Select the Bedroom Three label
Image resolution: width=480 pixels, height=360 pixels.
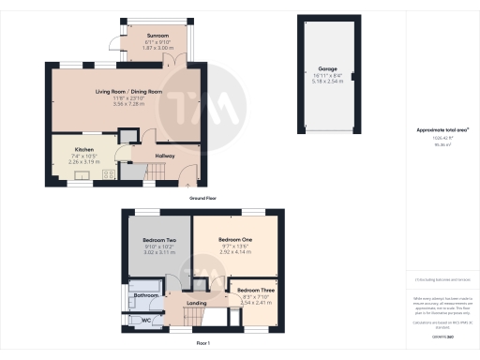(x=255, y=291)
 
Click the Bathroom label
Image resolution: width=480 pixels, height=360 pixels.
(x=145, y=296)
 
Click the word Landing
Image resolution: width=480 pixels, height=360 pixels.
(x=197, y=303)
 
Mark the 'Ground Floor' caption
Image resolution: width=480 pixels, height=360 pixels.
(x=203, y=199)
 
